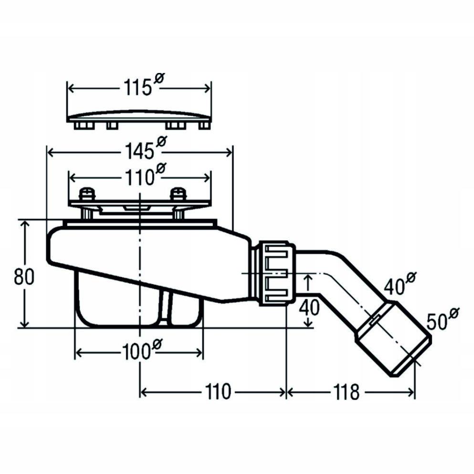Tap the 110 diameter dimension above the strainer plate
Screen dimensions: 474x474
[141, 177]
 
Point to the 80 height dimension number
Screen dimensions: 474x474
[24, 277]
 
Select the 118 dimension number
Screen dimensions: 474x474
[347, 392]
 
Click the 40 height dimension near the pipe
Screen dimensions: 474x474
[311, 307]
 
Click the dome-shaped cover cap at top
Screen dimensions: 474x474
[138, 116]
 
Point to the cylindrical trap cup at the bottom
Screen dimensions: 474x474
[138, 310]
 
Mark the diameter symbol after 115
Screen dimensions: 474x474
[159, 80]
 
